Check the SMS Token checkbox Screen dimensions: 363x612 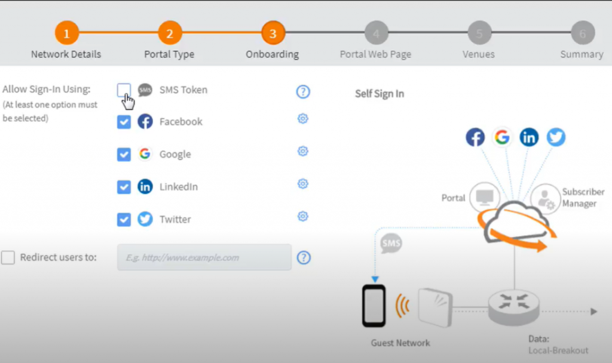point(124,90)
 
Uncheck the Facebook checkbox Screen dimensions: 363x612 point(124,122)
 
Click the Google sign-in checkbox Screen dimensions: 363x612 point(124,155)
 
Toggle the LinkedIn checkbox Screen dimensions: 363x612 point(124,187)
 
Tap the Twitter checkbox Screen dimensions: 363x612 point(124,220)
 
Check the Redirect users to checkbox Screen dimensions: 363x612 point(8,258)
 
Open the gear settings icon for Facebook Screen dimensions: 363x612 point(303,119)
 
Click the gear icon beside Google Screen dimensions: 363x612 point(303,151)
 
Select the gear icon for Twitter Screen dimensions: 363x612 point(303,216)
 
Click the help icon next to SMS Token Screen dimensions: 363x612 point(304,91)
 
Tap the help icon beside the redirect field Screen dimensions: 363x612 point(304,258)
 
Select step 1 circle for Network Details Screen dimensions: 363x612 point(66,33)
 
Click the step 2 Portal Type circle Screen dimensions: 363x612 point(170,33)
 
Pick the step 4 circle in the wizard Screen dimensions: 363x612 point(376,33)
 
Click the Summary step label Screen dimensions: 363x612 point(582,54)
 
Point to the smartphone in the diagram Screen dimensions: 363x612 point(374,306)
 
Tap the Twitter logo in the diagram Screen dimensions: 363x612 point(556,137)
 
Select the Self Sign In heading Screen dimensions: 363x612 point(380,94)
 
